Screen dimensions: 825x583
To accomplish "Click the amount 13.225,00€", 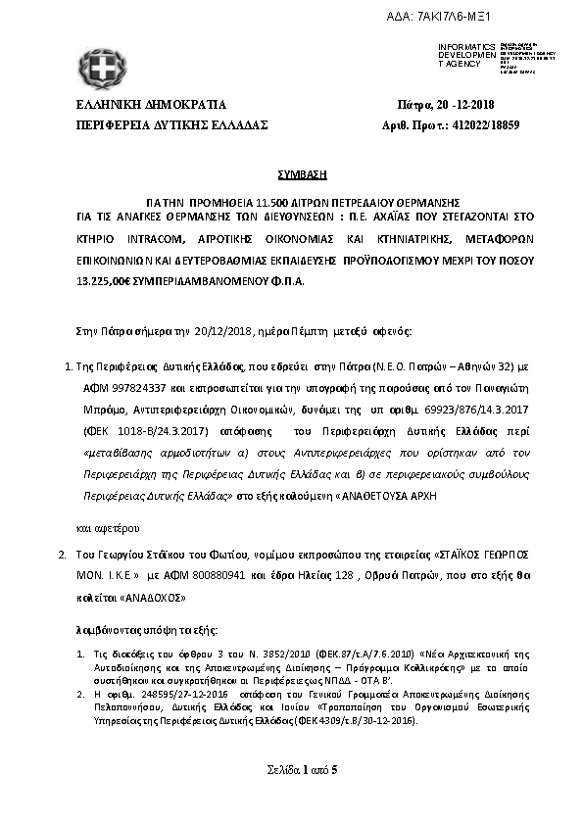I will click(x=105, y=280).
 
